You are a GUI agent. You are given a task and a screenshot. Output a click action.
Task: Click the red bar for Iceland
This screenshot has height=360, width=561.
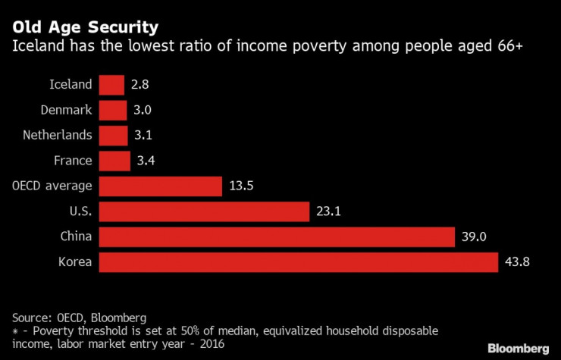pos(111,85)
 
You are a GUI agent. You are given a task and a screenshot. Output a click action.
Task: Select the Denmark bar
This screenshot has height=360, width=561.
pos(112,111)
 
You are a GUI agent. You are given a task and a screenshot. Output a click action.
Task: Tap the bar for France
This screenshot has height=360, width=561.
pos(114,161)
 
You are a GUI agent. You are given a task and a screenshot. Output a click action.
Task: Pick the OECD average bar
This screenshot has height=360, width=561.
pos(160,186)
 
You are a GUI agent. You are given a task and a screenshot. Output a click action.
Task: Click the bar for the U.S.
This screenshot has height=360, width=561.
pos(204,211)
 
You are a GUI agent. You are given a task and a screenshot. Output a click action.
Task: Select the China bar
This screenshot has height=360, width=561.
pos(277,237)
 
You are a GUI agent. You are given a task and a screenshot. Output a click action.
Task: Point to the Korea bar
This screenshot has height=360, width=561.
pos(298,262)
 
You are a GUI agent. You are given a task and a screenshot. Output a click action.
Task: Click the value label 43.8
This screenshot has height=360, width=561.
pos(516,262)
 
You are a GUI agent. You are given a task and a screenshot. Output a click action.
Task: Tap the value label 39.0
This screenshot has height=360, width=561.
pos(473,237)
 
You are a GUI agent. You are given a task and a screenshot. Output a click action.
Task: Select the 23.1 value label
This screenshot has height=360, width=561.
pos(328,211)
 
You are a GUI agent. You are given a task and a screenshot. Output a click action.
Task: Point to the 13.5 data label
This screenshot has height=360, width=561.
pos(240,186)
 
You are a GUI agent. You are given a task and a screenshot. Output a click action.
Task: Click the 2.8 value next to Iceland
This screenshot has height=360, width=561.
pos(139,85)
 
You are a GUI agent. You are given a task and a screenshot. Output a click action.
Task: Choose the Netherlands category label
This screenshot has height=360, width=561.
pos(57,136)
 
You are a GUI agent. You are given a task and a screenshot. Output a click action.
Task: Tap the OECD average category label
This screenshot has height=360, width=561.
pos(52,186)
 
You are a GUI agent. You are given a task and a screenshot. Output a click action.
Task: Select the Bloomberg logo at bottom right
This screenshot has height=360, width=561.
pos(517,348)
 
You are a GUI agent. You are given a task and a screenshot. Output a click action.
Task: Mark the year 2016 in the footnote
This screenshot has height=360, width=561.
pos(216,346)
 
